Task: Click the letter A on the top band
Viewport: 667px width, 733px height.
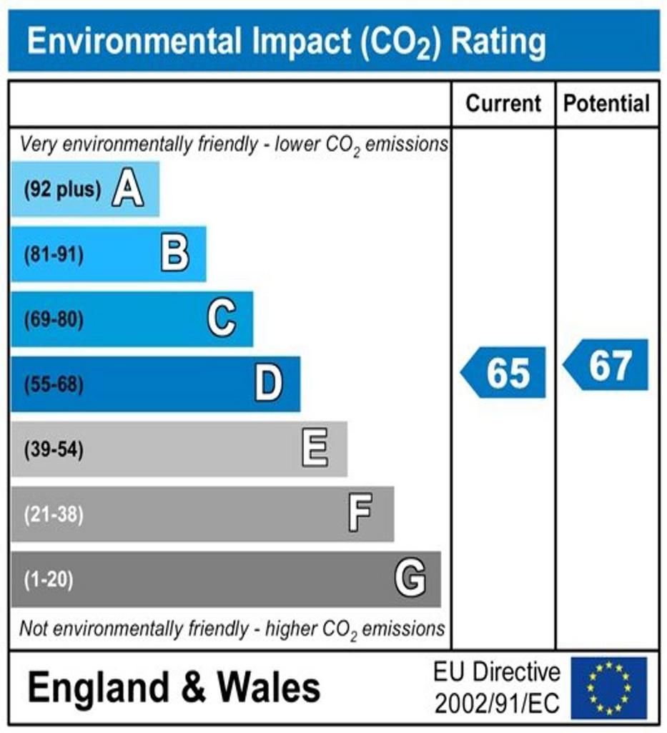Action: (128, 190)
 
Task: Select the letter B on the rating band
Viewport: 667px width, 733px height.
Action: (175, 254)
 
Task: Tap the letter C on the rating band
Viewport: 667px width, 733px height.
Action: (222, 319)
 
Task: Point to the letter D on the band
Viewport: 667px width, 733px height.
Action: (269, 384)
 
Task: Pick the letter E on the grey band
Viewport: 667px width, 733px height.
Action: (315, 449)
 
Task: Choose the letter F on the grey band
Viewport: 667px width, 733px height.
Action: (360, 514)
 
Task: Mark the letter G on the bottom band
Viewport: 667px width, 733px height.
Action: (410, 578)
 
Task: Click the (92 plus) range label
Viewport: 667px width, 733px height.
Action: (62, 190)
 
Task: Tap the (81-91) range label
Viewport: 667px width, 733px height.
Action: (54, 255)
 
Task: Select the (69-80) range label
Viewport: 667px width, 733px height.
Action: (54, 319)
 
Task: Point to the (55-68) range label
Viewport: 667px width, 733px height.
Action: (54, 384)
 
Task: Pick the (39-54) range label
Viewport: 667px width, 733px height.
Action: (54, 450)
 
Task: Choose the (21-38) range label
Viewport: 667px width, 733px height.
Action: (54, 514)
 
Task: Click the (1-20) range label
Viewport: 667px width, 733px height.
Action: (49, 579)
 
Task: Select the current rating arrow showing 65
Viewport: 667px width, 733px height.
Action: (504, 373)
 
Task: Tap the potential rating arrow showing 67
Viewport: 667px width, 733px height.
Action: (607, 365)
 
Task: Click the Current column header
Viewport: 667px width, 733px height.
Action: (503, 104)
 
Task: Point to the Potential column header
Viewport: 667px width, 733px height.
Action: (607, 104)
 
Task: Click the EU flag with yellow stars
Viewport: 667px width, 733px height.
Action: (608, 687)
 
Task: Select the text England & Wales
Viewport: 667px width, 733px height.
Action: (174, 688)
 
